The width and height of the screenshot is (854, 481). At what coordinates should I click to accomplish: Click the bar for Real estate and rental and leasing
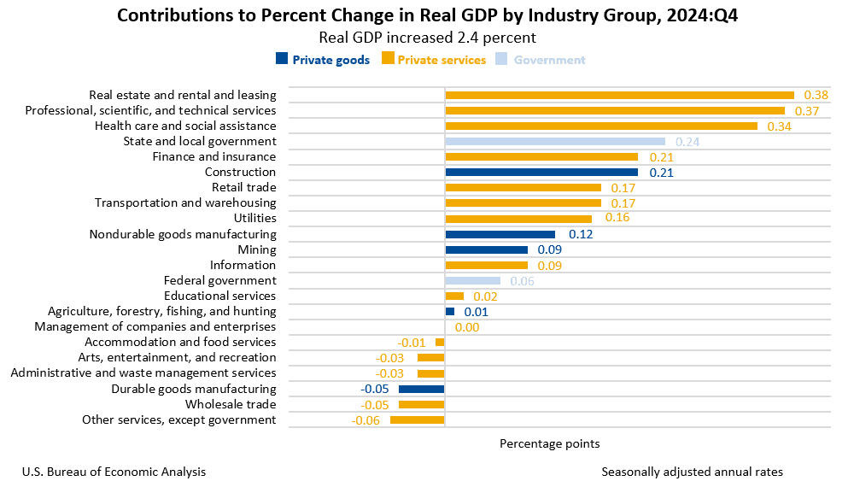(619, 95)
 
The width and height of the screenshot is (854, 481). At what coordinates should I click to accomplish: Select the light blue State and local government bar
(555, 142)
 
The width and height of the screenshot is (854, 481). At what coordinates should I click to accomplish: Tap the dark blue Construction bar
(541, 173)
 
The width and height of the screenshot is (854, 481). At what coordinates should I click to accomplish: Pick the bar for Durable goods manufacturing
(422, 390)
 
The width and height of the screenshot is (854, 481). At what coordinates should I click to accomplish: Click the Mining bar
(486, 250)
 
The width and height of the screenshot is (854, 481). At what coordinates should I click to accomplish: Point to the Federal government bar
(472, 281)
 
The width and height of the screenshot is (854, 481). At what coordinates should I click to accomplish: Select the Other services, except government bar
(418, 420)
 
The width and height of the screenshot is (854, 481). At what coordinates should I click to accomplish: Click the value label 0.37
(807, 111)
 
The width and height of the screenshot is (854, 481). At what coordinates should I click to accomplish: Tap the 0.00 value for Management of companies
(467, 327)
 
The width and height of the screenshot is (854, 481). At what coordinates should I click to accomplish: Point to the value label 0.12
(581, 235)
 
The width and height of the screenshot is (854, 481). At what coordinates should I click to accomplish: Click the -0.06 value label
(366, 420)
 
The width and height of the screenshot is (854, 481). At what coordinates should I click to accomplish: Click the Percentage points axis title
(549, 443)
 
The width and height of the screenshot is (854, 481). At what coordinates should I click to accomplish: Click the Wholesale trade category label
(231, 405)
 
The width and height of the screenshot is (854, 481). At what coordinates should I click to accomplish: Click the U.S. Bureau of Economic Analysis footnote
(114, 472)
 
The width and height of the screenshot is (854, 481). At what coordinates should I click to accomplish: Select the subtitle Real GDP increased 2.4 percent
(427, 38)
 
